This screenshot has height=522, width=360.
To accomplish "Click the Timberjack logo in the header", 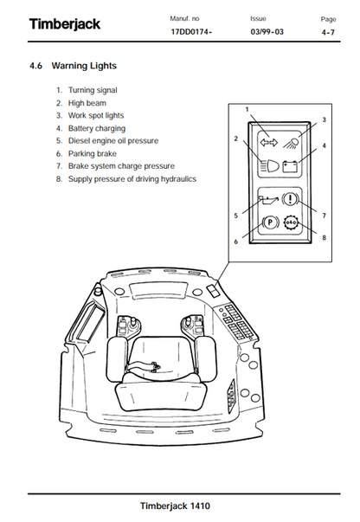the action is coord(65,24).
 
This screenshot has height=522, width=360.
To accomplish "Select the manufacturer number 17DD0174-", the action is coord(191,32).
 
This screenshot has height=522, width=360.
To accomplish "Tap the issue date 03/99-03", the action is coord(267,32).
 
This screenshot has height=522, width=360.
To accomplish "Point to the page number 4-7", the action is coord(328,32).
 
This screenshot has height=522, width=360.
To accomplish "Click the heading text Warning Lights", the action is coord(84,66).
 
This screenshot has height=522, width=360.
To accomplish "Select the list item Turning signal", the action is coord(93,90).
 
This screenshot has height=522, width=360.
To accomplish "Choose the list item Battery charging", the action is coord(97,128).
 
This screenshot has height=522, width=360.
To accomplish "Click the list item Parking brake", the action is coord(92,154).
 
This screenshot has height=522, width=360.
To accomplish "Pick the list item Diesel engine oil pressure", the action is coord(113,141).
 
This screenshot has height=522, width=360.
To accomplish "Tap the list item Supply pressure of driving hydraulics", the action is coord(132,179).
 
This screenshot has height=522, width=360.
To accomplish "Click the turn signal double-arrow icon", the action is coord(268,143).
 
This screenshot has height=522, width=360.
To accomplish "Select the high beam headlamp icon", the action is coord(269,166).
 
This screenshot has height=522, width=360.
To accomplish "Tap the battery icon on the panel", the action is coord(290,166).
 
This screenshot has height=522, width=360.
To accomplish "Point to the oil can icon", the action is coord(268,200).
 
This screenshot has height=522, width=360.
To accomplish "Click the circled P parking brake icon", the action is coord(270,222).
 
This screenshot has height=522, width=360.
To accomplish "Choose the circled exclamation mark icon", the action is coord(291,199).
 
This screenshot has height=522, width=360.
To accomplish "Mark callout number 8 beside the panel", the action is coord(324,238).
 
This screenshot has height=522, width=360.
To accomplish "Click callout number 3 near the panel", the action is coord(324,119).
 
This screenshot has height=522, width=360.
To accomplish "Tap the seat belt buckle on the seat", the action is coord(156,366).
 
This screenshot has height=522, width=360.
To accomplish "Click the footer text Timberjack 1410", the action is coord(175,506).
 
